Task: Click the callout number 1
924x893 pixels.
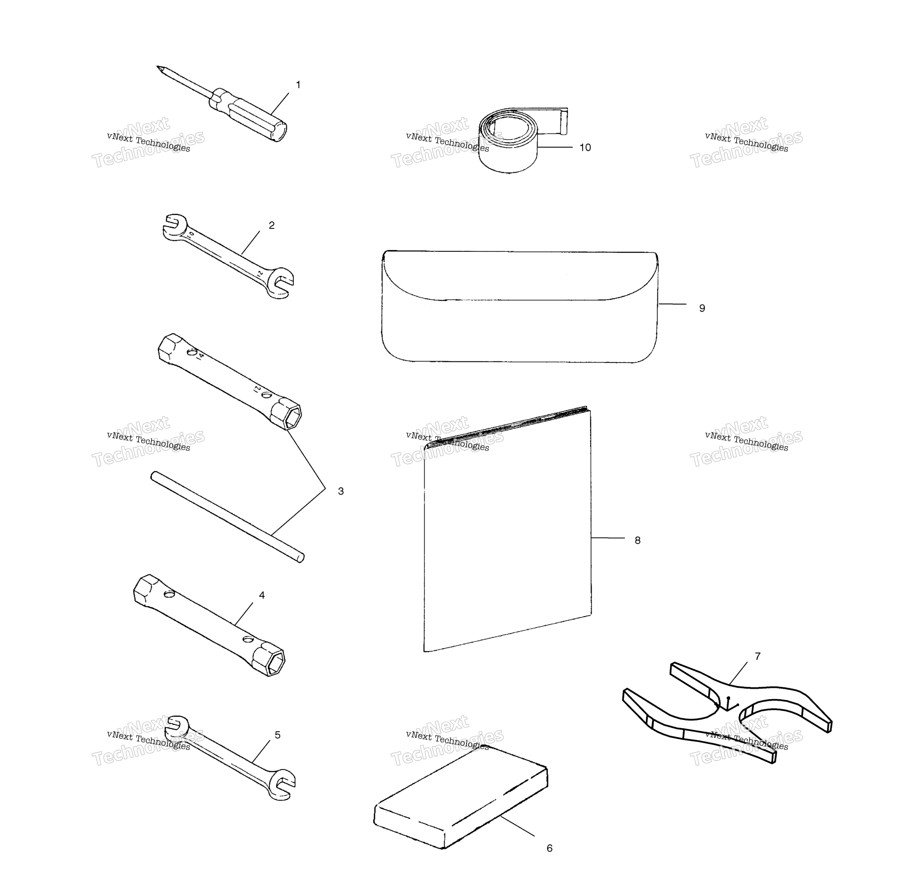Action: coord(298,85)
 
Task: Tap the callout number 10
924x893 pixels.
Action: coord(585,148)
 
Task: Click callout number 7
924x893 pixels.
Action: coord(758,656)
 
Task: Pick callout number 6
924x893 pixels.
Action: coord(549,848)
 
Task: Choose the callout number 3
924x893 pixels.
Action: coord(341,491)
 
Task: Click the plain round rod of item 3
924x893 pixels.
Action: coord(227,517)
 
